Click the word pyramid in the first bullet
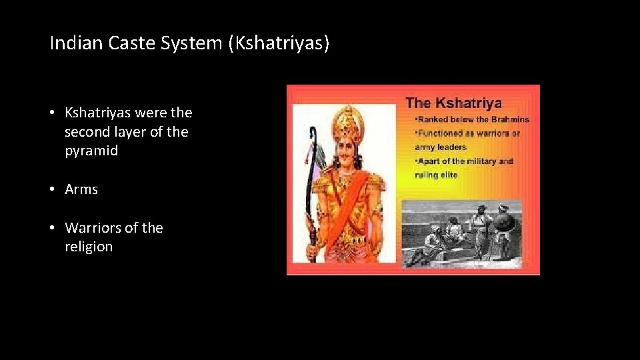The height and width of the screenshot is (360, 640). (91, 151)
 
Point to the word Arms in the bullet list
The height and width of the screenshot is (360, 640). (81, 189)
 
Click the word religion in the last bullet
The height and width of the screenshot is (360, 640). (89, 247)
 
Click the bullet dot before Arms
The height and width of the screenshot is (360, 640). (53, 189)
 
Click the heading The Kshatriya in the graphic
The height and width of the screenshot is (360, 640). (453, 103)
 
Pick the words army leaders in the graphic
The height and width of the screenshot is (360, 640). (439, 147)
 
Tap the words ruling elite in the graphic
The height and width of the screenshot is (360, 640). (436, 175)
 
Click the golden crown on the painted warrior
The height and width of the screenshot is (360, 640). (347, 120)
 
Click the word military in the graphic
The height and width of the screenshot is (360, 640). (480, 161)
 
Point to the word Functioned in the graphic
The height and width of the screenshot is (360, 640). (441, 133)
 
